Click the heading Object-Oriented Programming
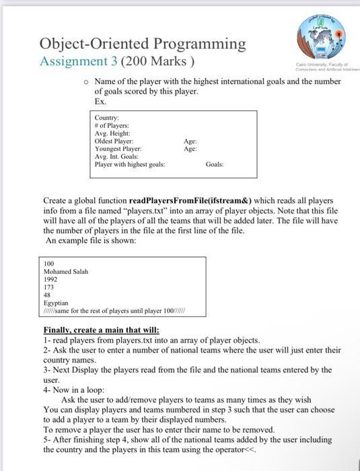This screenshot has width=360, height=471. click(x=143, y=44)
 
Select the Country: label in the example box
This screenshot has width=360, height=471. click(x=106, y=118)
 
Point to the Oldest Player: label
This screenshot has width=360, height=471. click(x=114, y=141)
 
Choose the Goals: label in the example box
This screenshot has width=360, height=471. click(x=215, y=164)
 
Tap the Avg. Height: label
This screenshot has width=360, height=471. click(x=112, y=133)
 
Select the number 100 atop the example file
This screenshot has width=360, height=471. click(x=48, y=264)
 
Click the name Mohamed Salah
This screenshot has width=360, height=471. click(x=65, y=272)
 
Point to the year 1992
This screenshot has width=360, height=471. click(x=50, y=279)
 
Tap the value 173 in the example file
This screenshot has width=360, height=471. click(x=48, y=287)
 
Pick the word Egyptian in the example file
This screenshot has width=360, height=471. click(x=56, y=303)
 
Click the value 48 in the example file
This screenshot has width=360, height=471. click(x=46, y=295)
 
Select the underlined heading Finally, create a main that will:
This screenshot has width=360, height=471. click(x=101, y=330)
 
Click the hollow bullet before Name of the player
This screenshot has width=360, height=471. click(x=86, y=81)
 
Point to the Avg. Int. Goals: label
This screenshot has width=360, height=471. click(x=116, y=157)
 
